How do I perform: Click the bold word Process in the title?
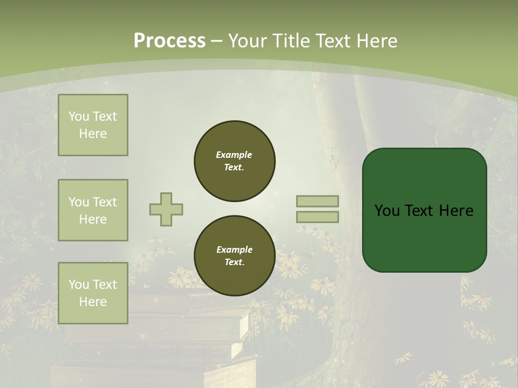coord(169,41)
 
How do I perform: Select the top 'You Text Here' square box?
coord(93,125)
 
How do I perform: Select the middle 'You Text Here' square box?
coord(93,210)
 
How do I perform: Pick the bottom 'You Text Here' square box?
coord(93,293)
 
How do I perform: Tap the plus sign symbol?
coord(166,209)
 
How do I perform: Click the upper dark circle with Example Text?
coord(234,161)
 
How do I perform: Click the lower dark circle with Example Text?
coord(234,255)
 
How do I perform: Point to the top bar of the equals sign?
coord(317,201)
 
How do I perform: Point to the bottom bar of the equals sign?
coord(317,217)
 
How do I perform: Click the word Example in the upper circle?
coord(234,155)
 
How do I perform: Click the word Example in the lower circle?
coord(234,250)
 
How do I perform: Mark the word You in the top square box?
coord(79,116)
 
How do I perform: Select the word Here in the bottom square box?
coord(93,302)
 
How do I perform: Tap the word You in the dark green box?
coord(387,211)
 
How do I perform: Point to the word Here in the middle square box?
coord(93,219)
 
